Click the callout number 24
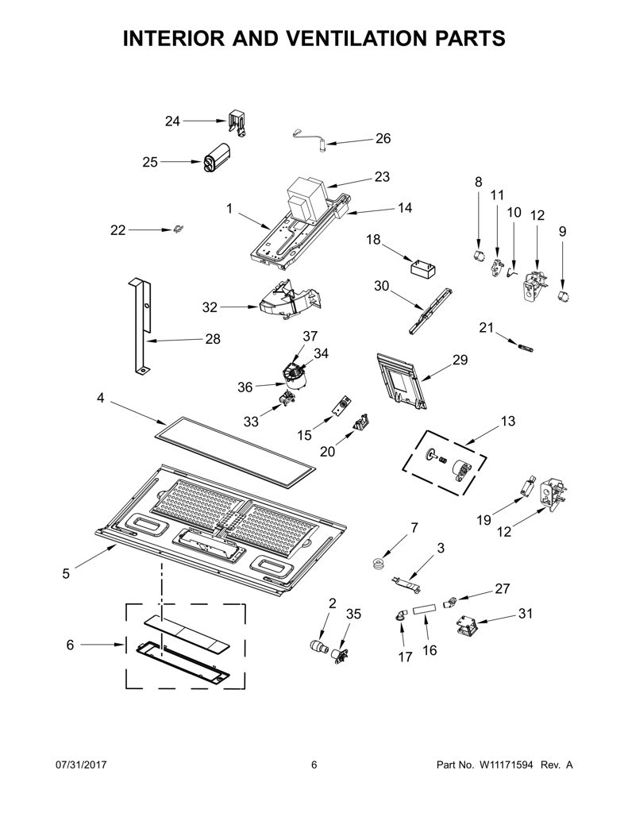[172, 121]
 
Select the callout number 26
[383, 138]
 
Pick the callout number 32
[210, 307]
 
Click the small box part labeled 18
[423, 270]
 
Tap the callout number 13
[508, 421]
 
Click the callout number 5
[66, 573]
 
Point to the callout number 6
[70, 645]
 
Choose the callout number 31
[526, 614]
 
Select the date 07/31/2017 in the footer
[81, 765]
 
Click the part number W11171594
[507, 765]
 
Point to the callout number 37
[310, 336]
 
